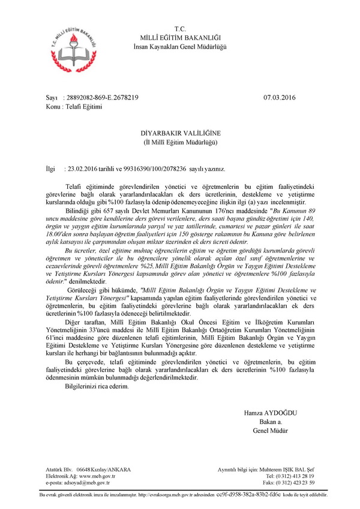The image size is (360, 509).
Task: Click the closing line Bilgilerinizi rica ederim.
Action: (97, 387)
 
